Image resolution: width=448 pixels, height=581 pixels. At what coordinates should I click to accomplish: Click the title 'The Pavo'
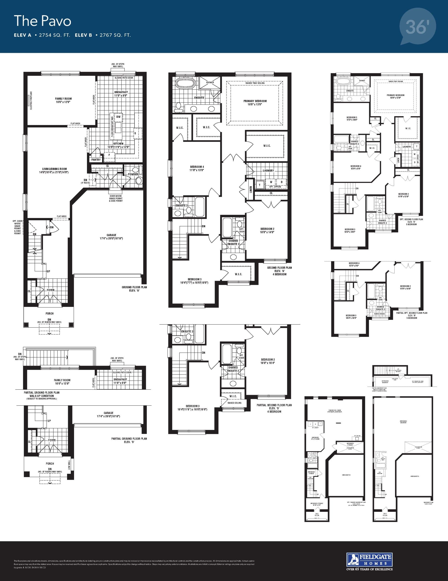point(43,21)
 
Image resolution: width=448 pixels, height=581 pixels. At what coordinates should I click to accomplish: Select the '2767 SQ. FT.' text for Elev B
point(115,35)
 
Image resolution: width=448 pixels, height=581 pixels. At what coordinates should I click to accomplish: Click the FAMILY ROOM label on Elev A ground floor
point(63,99)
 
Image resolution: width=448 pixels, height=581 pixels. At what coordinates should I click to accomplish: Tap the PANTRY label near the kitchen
point(96,160)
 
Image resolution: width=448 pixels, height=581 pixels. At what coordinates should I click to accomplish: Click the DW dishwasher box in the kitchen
point(118,117)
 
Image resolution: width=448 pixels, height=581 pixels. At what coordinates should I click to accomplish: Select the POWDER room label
point(133,175)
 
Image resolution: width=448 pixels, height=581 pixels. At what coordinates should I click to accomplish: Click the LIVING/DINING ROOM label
point(54,169)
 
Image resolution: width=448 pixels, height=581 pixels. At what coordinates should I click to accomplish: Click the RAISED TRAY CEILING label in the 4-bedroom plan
point(255,83)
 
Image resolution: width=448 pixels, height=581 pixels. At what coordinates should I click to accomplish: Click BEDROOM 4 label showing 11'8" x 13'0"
point(197,167)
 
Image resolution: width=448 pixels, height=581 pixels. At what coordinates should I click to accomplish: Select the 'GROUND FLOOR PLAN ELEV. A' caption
point(134,289)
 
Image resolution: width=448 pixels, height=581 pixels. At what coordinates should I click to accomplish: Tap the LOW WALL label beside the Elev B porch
point(69,465)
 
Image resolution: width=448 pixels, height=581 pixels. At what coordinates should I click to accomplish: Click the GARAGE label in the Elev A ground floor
point(111,235)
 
